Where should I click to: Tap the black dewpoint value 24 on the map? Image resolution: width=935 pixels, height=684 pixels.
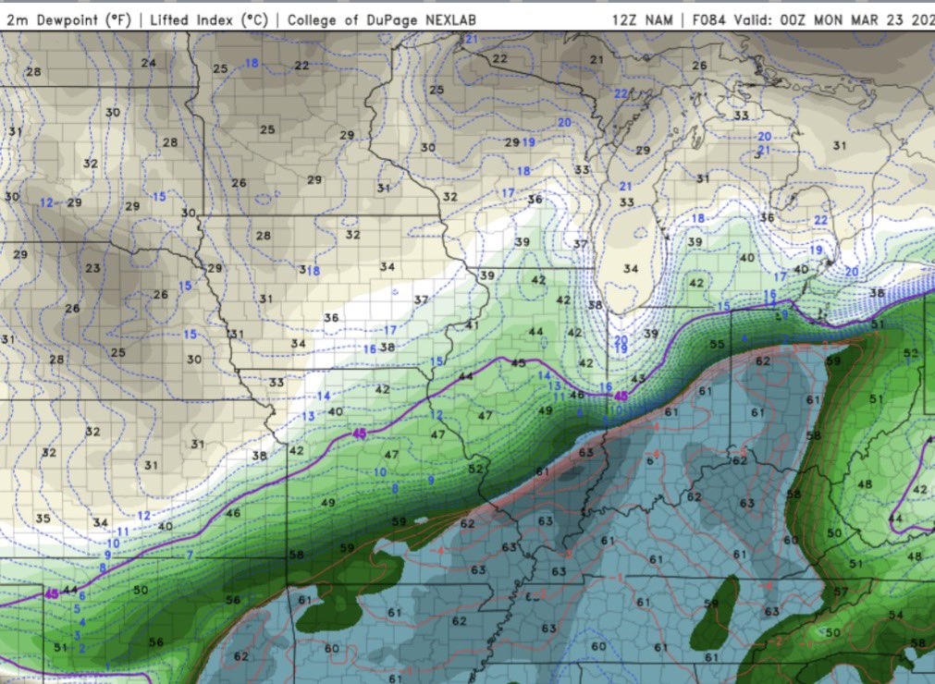[149, 63]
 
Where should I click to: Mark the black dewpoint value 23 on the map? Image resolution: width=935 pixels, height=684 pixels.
[92, 268]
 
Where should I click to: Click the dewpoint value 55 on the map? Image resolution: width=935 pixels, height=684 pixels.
[717, 344]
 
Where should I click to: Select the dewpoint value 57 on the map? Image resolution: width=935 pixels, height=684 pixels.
[841, 592]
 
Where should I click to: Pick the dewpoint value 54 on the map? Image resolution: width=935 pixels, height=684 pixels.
[895, 615]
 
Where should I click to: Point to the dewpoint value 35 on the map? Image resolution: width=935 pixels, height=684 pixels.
[43, 519]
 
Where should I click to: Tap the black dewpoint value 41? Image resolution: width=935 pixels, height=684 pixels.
[473, 324]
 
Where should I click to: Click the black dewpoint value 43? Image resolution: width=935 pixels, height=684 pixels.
[637, 379]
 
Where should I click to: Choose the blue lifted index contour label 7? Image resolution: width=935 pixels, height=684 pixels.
[190, 555]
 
